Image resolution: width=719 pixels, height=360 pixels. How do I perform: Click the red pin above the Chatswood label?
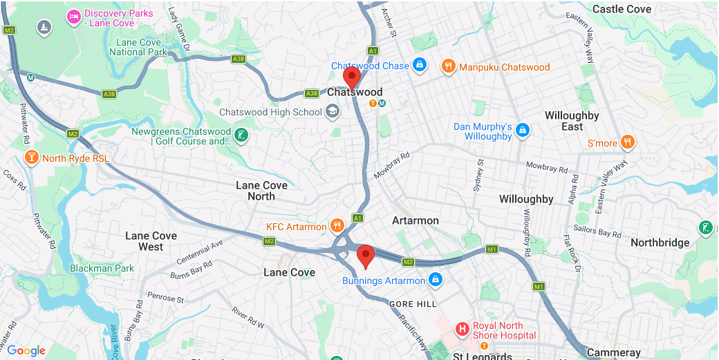(x=352, y=77)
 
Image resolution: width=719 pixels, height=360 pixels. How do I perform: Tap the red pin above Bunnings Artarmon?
(x=365, y=256)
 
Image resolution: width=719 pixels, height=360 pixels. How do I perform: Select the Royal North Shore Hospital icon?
(x=463, y=329)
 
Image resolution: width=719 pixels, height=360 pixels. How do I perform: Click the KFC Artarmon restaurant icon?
(x=337, y=226)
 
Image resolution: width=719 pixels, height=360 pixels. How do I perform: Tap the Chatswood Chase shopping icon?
(x=419, y=66)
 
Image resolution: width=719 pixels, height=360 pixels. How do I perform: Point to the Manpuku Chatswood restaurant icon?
(x=448, y=66)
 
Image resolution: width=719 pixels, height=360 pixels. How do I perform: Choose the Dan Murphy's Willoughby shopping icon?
(x=523, y=131)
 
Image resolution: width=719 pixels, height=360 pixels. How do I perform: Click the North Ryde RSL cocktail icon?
(x=31, y=158)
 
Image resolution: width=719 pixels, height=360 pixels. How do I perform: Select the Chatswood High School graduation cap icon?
(x=333, y=112)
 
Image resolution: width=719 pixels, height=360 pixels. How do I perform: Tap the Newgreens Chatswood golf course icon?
(x=241, y=135)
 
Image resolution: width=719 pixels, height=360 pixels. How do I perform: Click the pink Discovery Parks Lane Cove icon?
(x=73, y=16)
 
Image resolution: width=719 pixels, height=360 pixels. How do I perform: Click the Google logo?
(x=26, y=350)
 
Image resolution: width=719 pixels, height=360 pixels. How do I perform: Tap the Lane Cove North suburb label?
(x=261, y=191)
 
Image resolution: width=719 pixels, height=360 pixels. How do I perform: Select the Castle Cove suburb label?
(x=622, y=9)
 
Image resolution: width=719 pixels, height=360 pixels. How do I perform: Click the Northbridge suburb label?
(x=660, y=243)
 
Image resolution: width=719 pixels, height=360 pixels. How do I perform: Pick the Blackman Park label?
(x=102, y=268)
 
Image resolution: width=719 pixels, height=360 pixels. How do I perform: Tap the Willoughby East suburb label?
(x=572, y=121)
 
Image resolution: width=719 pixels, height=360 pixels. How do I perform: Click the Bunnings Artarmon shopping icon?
(x=435, y=280)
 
